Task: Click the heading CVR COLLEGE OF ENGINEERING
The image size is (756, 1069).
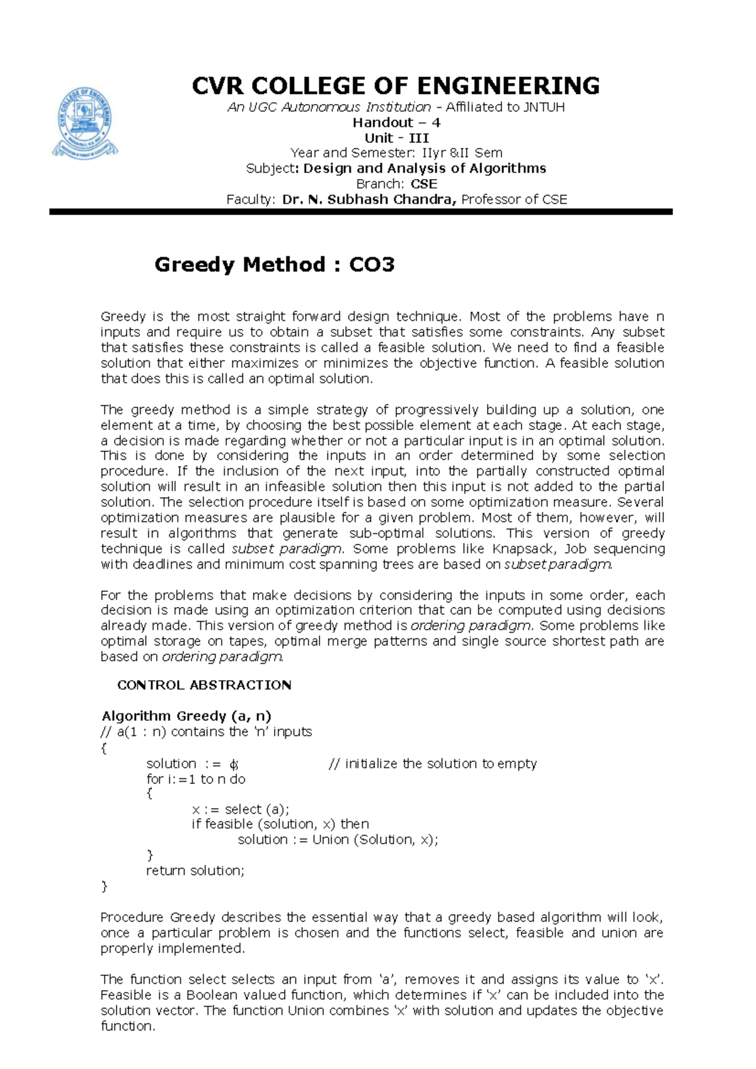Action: tap(396, 86)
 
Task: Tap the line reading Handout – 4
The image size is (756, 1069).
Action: tap(396, 123)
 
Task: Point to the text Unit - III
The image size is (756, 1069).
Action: tap(396, 138)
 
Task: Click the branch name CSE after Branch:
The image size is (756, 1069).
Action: tap(423, 184)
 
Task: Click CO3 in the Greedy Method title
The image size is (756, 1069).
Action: tap(372, 265)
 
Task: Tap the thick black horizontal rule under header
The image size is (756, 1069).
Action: tap(361, 212)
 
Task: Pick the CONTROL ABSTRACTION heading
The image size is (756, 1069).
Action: tap(204, 685)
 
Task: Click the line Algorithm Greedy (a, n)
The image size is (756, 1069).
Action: tap(186, 716)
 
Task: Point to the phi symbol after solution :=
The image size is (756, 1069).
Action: tap(233, 765)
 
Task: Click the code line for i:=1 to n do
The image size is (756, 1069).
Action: tap(196, 780)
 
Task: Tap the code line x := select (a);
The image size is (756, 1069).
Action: tap(241, 809)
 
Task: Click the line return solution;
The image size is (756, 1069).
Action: tap(195, 871)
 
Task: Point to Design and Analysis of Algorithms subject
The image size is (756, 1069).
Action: tap(424, 168)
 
